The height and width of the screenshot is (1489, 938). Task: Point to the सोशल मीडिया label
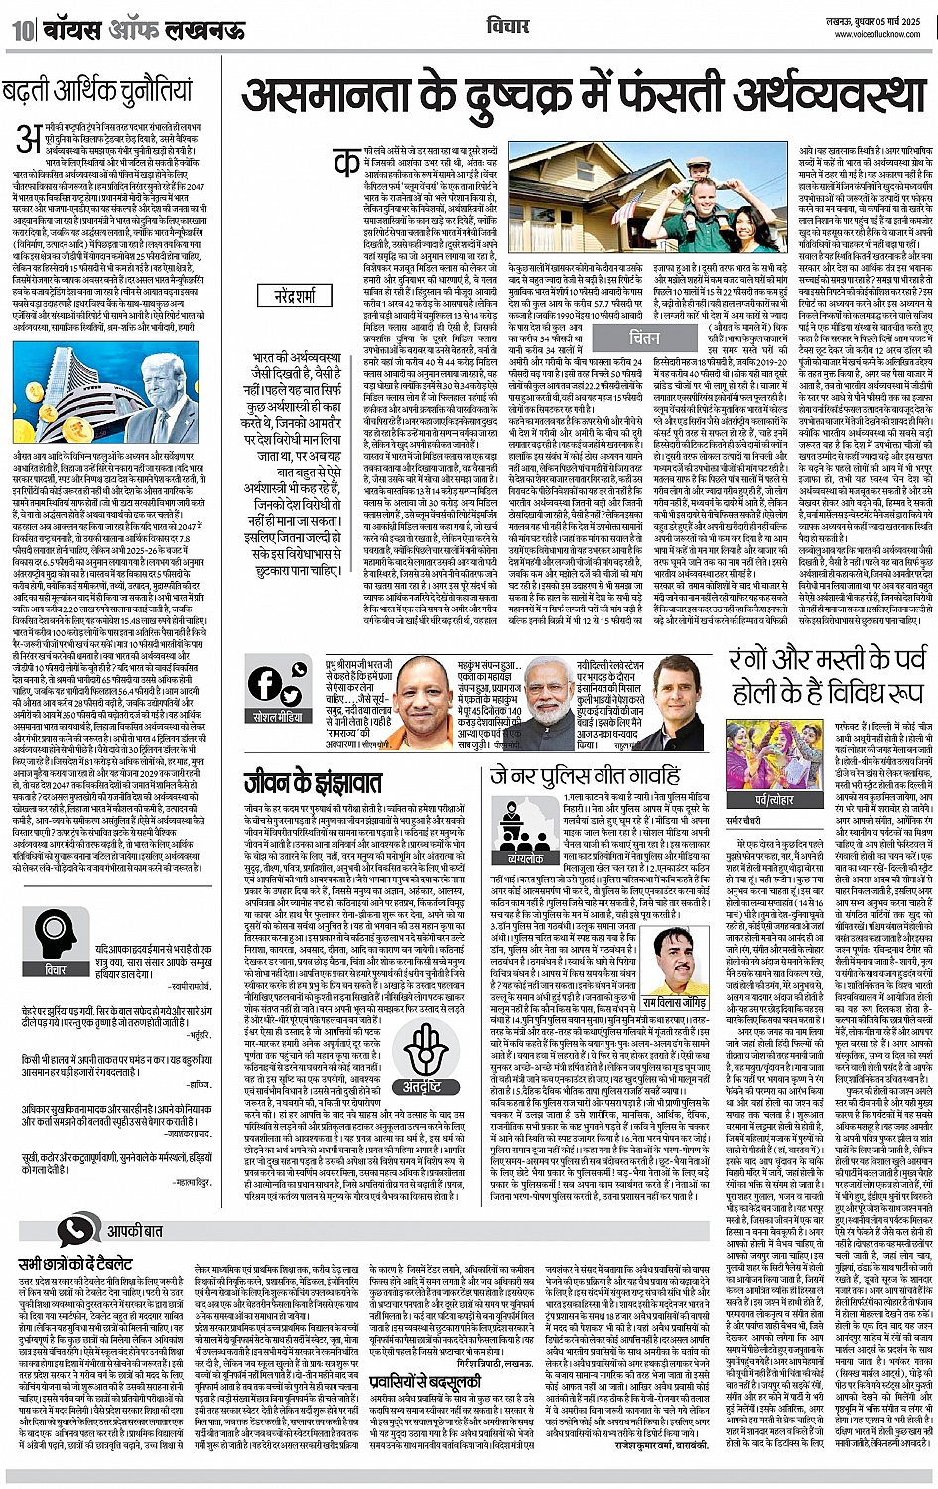tap(278, 716)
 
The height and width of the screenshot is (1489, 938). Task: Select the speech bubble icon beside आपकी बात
tap(77, 1231)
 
